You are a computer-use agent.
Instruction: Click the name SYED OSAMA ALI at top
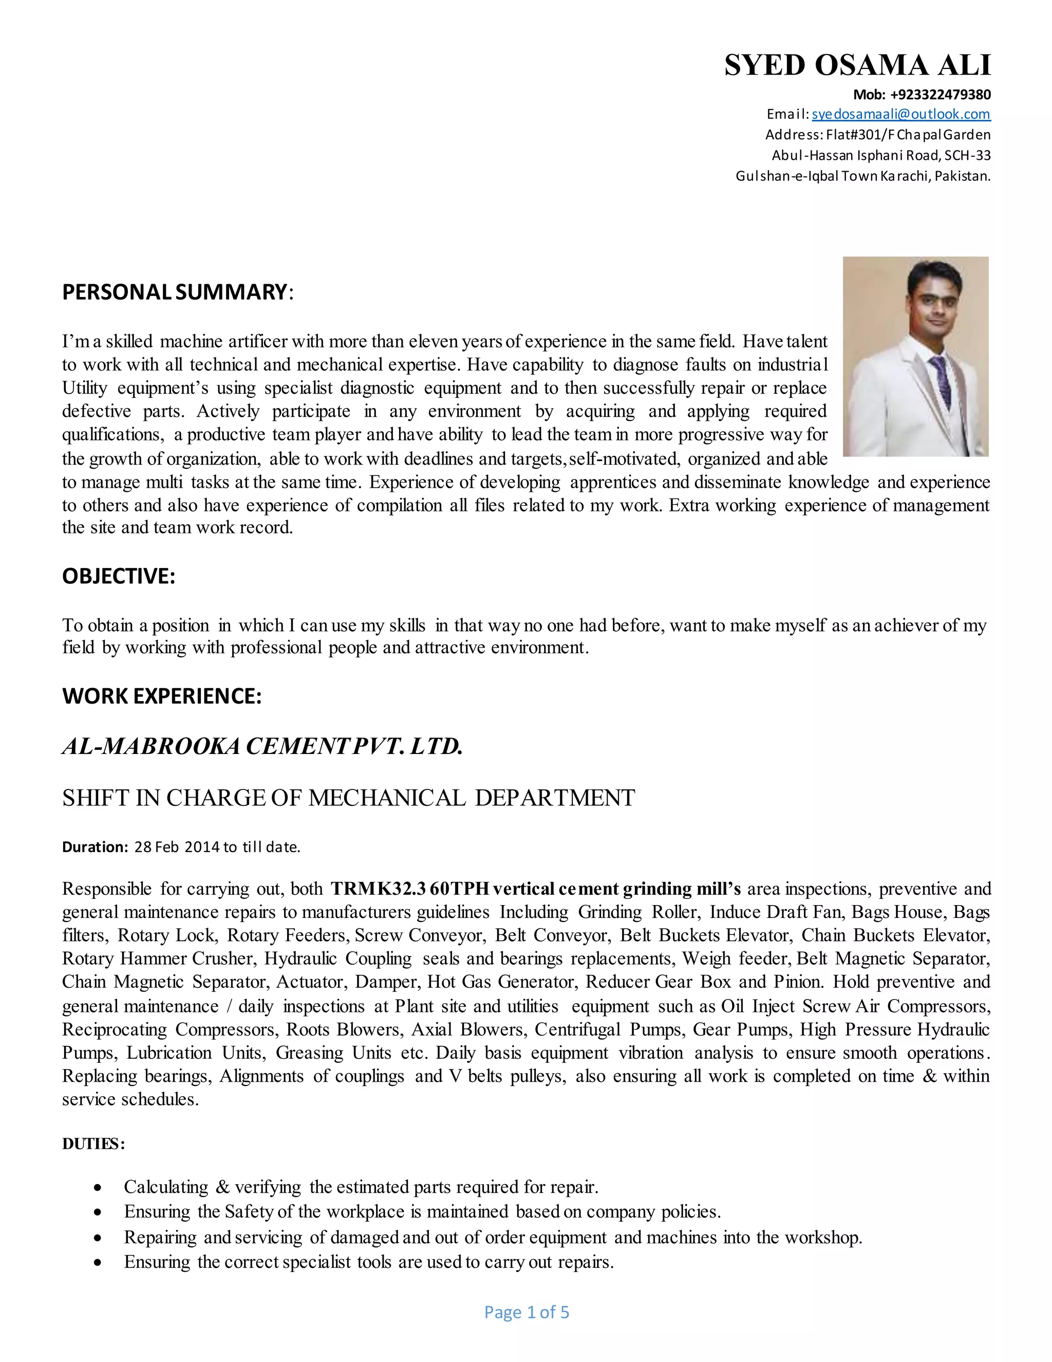pyautogui.click(x=857, y=65)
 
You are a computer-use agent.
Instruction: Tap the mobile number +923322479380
pyautogui.click(x=940, y=95)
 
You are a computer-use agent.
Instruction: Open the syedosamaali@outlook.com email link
pyautogui.click(x=900, y=114)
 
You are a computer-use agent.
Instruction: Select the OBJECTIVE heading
pyautogui.click(x=119, y=576)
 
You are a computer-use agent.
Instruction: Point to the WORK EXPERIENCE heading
pyautogui.click(x=161, y=695)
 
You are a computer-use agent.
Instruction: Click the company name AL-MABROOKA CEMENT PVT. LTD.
pyautogui.click(x=262, y=746)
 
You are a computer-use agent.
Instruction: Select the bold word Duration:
pyautogui.click(x=95, y=847)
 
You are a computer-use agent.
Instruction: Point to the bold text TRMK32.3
pyautogui.click(x=378, y=889)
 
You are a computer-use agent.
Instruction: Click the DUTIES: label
pyautogui.click(x=93, y=1144)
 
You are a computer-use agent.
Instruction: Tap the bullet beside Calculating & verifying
pyautogui.click(x=97, y=1188)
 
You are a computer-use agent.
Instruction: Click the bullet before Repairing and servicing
pyautogui.click(x=97, y=1238)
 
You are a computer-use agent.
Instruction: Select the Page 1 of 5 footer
pyautogui.click(x=527, y=1312)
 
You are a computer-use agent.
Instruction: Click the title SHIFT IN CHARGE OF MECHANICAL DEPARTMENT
pyautogui.click(x=348, y=798)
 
